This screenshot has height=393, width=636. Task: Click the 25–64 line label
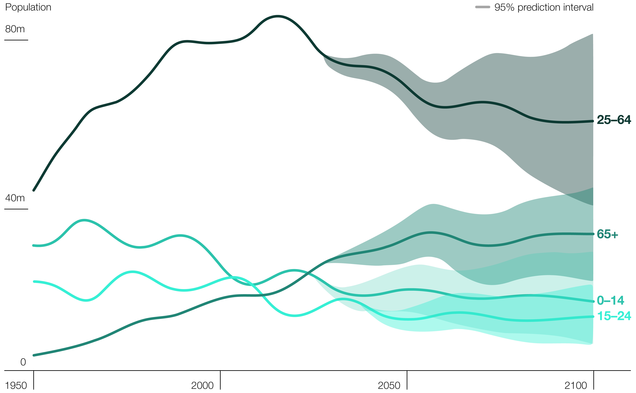point(614,120)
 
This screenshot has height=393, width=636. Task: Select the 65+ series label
point(607,234)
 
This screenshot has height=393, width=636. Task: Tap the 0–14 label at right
point(610,300)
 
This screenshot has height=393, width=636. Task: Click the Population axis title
point(28,7)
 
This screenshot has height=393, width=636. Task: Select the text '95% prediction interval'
point(544,7)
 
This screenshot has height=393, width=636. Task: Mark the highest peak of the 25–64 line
point(278,16)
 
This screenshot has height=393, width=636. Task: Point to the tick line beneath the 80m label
point(16,40)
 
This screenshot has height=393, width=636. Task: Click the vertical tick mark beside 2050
point(407,380)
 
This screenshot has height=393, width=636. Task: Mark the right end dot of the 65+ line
point(593,234)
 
